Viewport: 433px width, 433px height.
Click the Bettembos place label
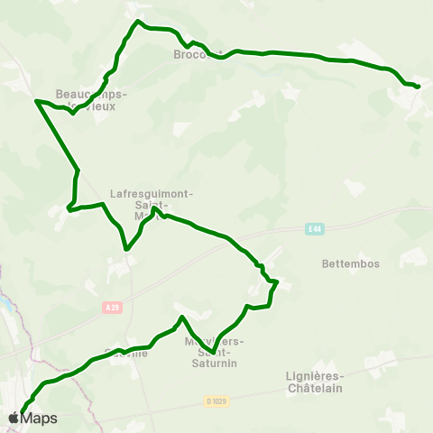point(351,264)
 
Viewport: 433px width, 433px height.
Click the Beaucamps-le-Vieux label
point(91,99)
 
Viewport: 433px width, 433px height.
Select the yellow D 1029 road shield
point(215,401)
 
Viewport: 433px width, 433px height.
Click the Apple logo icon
point(14,418)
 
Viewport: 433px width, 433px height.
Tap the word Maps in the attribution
point(39,419)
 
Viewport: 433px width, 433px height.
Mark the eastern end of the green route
point(419,87)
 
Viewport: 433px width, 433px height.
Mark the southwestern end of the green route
point(22,415)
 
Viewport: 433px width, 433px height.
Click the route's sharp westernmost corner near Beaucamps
point(36,101)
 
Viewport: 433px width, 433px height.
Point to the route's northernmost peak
point(137,21)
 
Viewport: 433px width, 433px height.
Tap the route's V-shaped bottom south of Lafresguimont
point(126,249)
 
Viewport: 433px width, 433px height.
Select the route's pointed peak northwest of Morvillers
point(182,317)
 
